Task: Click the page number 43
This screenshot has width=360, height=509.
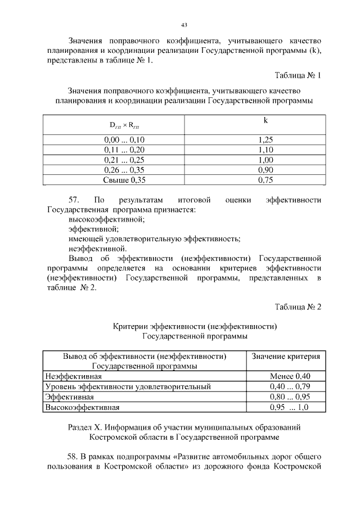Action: pyautogui.click(x=184, y=25)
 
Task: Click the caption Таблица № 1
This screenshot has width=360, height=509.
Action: pyautogui.click(x=298, y=75)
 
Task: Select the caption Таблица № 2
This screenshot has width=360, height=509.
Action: pyautogui.click(x=298, y=307)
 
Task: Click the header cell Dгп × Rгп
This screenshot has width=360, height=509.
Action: pyautogui.click(x=124, y=126)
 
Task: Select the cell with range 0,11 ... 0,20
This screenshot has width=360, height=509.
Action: pyautogui.click(x=124, y=150)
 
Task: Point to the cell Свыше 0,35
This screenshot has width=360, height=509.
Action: pyautogui.click(x=124, y=181)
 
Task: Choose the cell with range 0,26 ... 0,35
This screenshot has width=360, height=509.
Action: pyautogui.click(x=124, y=170)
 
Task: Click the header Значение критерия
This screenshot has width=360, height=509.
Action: pyautogui.click(x=286, y=357)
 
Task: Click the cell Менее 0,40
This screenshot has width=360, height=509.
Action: pyautogui.click(x=290, y=376)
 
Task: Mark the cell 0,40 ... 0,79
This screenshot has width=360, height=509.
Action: pyautogui.click(x=290, y=386)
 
